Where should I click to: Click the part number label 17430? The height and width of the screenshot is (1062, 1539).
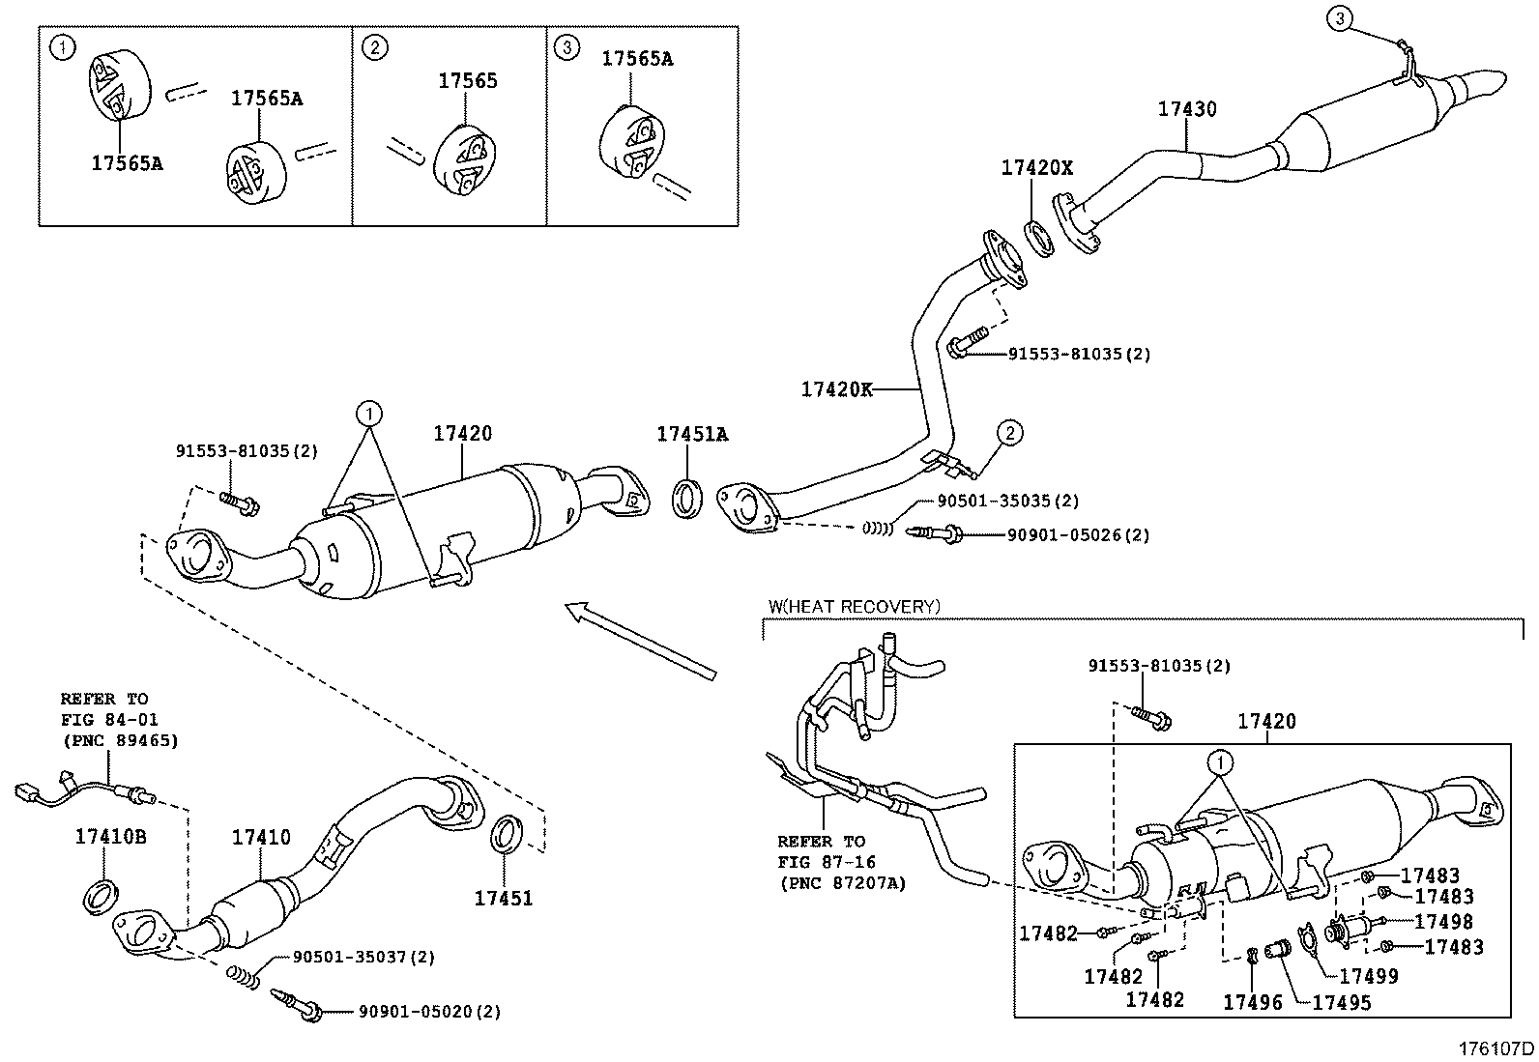[x=1187, y=109]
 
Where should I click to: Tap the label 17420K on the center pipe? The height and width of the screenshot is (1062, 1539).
[x=836, y=389]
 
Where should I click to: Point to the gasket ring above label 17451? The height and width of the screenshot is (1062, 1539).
[x=508, y=835]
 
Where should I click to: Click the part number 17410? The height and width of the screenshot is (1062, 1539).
[x=260, y=838]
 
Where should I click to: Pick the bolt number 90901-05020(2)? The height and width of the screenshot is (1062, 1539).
[x=429, y=1012]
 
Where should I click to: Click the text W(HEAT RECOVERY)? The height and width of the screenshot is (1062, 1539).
[x=854, y=607]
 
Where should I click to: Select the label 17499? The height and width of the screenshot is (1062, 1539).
[x=1369, y=977]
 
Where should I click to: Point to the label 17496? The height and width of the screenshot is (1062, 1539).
[x=1252, y=1002]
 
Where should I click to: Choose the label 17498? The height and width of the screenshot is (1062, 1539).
[x=1443, y=922]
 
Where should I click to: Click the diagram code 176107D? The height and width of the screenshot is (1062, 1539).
[x=1495, y=1048]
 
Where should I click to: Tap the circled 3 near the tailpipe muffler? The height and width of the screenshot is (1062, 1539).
[x=1339, y=16]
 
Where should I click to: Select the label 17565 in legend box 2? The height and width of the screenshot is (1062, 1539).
[x=468, y=81]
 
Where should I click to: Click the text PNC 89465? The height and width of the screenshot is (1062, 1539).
[x=120, y=741]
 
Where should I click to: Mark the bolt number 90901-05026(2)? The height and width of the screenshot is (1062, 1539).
[x=1078, y=534]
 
